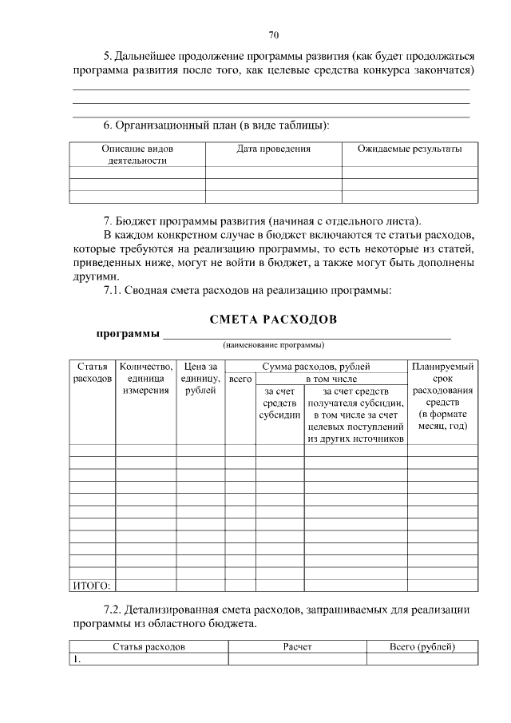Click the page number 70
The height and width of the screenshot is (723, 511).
coord(273,35)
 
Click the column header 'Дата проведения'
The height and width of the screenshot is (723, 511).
coord(274,149)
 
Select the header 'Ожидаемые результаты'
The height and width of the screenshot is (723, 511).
coord(409,149)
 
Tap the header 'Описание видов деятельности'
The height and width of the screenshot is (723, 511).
coord(137,154)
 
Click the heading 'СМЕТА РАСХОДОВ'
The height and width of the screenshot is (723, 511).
coord(273,320)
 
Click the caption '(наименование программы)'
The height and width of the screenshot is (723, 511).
coord(273,345)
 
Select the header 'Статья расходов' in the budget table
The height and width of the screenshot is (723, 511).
coord(92,372)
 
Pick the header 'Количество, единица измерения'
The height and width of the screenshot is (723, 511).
coord(145,379)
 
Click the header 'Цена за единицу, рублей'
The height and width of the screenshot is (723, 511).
coord(200,379)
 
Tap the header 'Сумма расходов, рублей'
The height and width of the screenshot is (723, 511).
coord(316,367)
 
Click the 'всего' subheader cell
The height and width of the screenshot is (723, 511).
coord(240,379)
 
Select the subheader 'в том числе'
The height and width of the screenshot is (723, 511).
coord(331,379)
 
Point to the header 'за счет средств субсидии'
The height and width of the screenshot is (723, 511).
coord(279,403)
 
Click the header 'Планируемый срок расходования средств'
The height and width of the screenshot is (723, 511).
coord(442,396)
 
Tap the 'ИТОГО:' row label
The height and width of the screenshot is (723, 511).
coord(90,585)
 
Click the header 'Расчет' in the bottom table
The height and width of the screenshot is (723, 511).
coord(297,646)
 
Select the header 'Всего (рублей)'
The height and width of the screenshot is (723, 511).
coord(422,646)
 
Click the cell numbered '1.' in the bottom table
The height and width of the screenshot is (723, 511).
coord(77,659)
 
